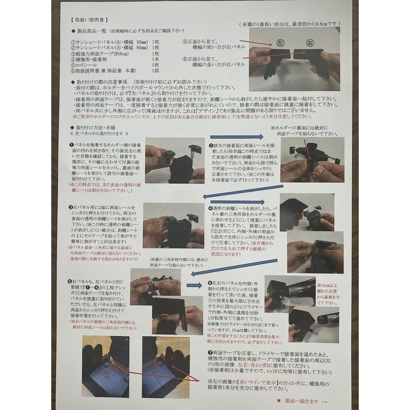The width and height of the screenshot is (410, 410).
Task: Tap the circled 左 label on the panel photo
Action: pos(280,42)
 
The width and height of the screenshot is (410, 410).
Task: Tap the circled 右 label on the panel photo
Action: pos(310,42)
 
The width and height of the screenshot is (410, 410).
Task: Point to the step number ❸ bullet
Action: pos(71,207)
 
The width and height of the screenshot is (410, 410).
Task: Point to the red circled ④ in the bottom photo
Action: pos(172,360)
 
